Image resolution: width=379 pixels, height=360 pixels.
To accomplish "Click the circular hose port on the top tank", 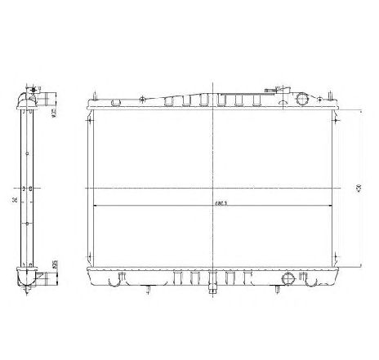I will click(305, 99).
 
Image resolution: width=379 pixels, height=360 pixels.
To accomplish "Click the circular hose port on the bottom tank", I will click(286, 279).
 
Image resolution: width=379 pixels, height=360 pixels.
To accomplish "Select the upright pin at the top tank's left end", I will click(91, 99).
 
